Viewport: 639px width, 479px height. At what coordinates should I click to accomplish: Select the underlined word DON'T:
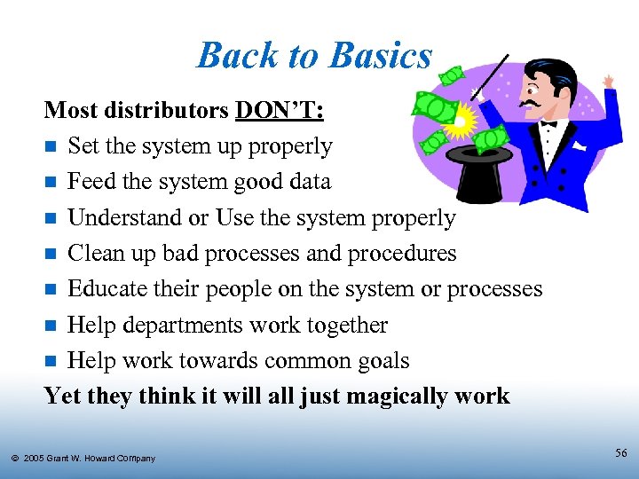(x=280, y=110)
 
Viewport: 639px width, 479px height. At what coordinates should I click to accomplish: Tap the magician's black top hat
(x=480, y=174)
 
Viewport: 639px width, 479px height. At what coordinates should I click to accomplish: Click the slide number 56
(x=621, y=453)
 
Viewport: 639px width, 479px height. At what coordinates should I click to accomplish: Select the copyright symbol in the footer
(x=15, y=458)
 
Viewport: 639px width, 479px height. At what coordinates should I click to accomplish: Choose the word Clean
(x=99, y=253)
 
